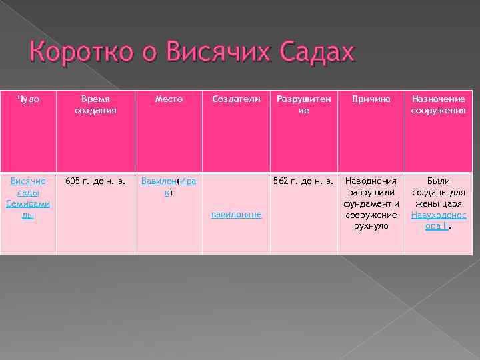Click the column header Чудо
[x=28, y=99]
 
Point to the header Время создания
[x=95, y=105]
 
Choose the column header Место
[x=169, y=99]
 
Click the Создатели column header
[x=236, y=99]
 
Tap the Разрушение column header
[x=303, y=105]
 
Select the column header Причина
[x=371, y=99]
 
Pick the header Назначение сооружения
[x=438, y=105]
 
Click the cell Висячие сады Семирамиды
[x=28, y=198]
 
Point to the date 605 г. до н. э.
[x=95, y=181]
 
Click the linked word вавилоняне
[x=236, y=215]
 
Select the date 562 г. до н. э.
[x=303, y=181]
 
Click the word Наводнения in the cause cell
[x=371, y=181]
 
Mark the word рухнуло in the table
[x=371, y=226]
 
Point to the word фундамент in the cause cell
[x=365, y=204]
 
